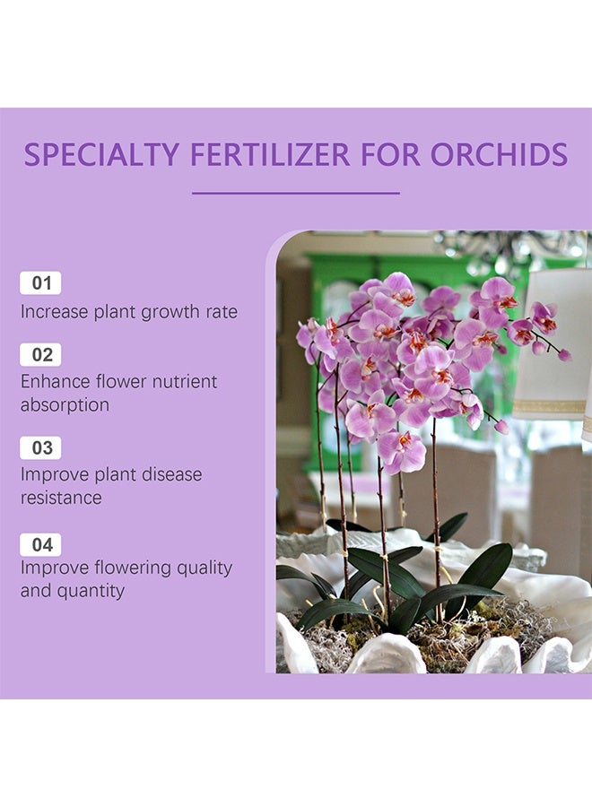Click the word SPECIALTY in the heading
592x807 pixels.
(x=101, y=154)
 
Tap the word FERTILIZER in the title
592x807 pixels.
(x=270, y=154)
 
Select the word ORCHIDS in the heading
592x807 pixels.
(x=499, y=154)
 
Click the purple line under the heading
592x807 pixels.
(x=296, y=193)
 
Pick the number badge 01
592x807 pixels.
(x=40, y=283)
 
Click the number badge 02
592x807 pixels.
(x=40, y=354)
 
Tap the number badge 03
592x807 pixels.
(x=40, y=447)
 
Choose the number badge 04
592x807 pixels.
(x=40, y=544)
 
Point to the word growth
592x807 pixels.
(x=170, y=312)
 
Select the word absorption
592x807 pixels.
(x=65, y=405)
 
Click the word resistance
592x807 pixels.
(x=61, y=498)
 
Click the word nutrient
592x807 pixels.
(x=185, y=381)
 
